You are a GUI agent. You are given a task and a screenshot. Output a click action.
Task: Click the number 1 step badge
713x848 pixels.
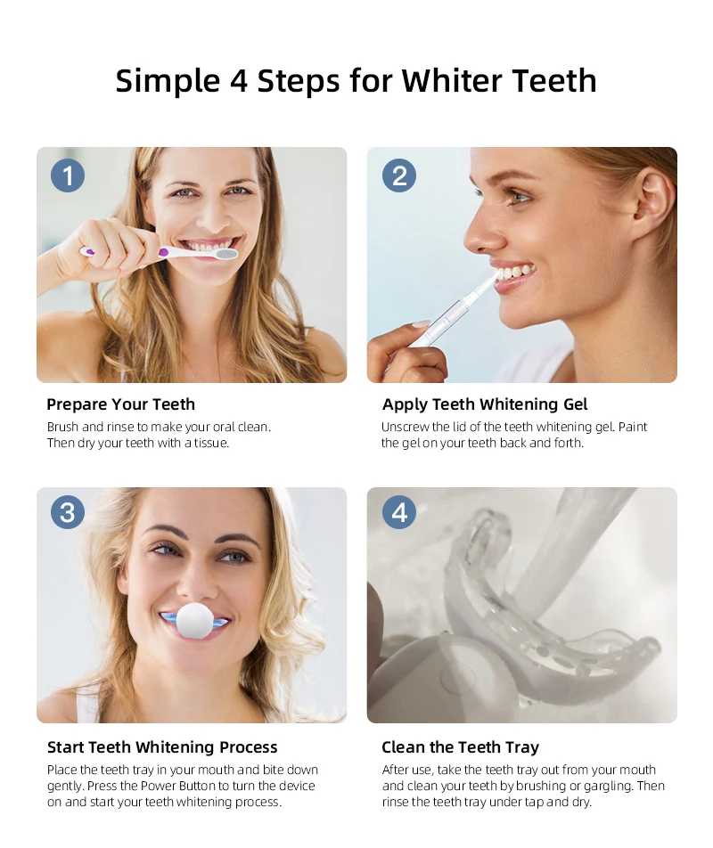68,175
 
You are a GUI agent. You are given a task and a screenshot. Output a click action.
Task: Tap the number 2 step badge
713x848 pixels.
399,175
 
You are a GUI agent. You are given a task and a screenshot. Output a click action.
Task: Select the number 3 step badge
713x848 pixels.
68,512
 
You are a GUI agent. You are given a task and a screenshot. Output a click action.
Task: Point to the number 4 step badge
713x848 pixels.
399,512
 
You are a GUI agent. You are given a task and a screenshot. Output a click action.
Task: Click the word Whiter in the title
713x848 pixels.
451,80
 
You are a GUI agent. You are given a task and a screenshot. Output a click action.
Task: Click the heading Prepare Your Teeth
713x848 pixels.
120,404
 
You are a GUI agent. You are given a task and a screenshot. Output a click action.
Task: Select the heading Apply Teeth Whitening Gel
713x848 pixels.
485,404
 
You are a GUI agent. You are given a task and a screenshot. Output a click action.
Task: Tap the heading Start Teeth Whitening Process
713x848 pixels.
162,746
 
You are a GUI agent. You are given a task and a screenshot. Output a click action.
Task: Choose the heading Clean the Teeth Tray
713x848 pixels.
461,746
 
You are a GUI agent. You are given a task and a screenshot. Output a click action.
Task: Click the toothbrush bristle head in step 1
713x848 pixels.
226,254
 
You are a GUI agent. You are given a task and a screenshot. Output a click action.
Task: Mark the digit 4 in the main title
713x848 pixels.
238,81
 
